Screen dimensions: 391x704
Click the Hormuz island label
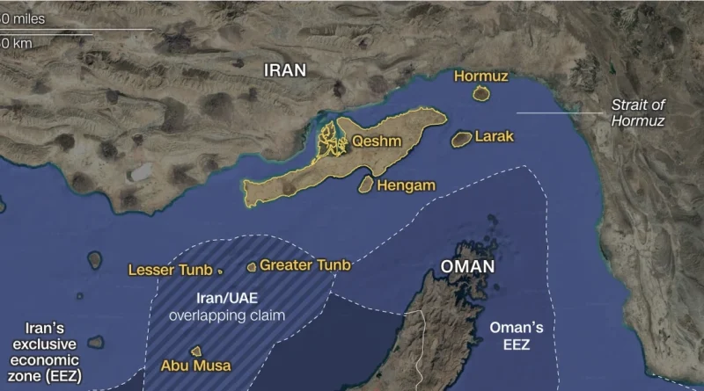click(481, 76)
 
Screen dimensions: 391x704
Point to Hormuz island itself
click(480, 93)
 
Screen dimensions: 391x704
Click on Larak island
click(460, 139)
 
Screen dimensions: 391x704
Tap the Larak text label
click(494, 137)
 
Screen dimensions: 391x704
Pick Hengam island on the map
click(365, 185)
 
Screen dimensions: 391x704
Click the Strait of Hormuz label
click(638, 113)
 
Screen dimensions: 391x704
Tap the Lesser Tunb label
click(170, 270)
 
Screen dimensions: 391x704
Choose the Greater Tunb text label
click(304, 265)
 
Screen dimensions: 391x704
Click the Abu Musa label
click(195, 366)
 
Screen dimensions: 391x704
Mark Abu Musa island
click(196, 351)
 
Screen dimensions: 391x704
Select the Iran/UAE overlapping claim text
click(227, 307)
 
